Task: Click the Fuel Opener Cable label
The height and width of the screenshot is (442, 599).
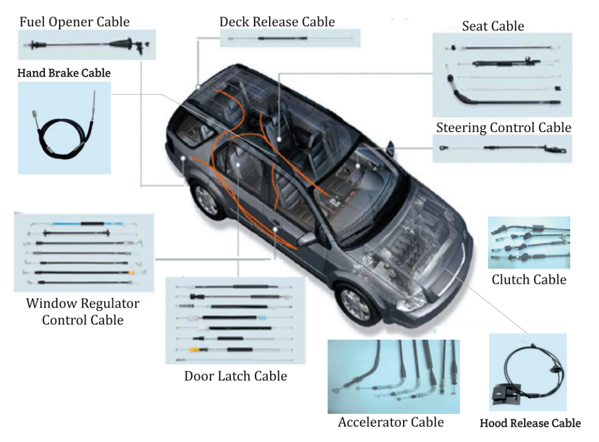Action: pyautogui.click(x=74, y=22)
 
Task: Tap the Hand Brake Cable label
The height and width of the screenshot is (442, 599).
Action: pyautogui.click(x=64, y=73)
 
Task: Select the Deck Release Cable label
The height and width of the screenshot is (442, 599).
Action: pyautogui.click(x=277, y=22)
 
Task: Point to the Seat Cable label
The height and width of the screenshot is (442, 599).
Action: pyautogui.click(x=493, y=26)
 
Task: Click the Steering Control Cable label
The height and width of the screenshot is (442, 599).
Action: pyautogui.click(x=503, y=127)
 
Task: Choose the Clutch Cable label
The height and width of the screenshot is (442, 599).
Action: pyautogui.click(x=529, y=279)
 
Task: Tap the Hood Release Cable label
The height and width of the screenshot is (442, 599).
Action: pyautogui.click(x=530, y=423)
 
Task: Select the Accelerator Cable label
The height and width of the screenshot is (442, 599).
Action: pyautogui.click(x=391, y=422)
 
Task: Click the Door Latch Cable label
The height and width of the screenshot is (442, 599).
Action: pyautogui.click(x=236, y=376)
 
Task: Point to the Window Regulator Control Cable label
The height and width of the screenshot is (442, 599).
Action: pyautogui.click(x=82, y=312)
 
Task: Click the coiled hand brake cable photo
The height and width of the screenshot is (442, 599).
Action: pyautogui.click(x=64, y=127)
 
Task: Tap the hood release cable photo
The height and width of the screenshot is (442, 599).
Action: pyautogui.click(x=528, y=372)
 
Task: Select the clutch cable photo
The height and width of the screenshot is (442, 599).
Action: pyautogui.click(x=529, y=242)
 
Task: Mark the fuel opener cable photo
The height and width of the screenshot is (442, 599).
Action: pyautogui.click(x=88, y=44)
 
